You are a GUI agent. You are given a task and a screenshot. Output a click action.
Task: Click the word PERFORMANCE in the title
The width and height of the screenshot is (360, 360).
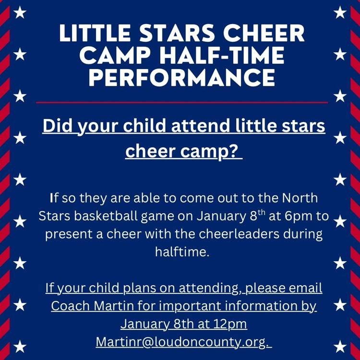click(x=181, y=78)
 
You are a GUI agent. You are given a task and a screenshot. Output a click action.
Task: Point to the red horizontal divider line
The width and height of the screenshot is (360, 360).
click(x=181, y=102)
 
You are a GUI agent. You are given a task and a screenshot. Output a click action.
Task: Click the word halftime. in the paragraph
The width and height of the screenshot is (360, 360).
click(x=182, y=252)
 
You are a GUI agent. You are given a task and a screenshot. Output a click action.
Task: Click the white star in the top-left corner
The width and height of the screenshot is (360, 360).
click(x=20, y=12)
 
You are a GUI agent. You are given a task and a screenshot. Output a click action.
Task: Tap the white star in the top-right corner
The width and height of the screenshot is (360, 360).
click(x=340, y=12)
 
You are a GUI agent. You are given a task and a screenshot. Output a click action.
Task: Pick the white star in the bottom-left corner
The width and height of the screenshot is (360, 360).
click(x=20, y=346)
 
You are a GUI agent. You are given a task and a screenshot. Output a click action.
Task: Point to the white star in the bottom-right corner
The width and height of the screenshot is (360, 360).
click(x=340, y=346)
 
